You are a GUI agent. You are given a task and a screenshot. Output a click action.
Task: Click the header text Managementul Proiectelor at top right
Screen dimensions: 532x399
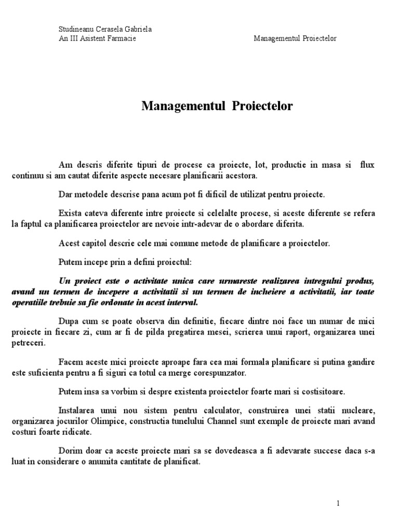tap(295, 39)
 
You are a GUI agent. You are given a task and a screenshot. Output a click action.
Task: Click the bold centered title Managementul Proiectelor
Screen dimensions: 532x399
tap(217, 107)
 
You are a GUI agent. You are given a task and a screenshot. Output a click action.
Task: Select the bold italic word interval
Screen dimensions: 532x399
tap(183, 302)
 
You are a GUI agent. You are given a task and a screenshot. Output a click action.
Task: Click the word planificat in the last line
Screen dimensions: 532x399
tap(182, 460)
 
